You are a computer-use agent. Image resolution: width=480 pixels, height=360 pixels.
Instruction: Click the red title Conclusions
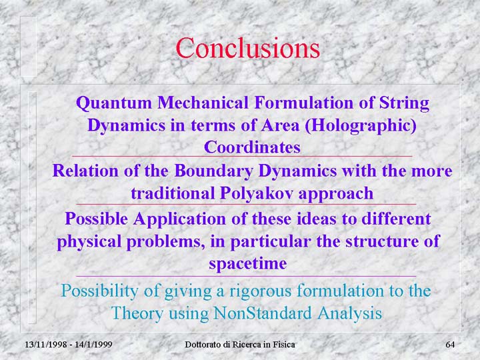pyautogui.click(x=247, y=48)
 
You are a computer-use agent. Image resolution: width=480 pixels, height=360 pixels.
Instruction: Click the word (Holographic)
pyautogui.click(x=361, y=126)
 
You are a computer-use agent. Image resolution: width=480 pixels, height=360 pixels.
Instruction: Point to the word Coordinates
pyautogui.click(x=252, y=147)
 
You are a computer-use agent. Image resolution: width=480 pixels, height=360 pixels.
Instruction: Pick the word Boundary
pyautogui.click(x=213, y=171)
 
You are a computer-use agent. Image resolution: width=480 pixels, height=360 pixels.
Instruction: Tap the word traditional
pyautogui.click(x=173, y=193)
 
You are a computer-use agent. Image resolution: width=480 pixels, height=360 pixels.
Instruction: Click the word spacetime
pyautogui.click(x=248, y=263)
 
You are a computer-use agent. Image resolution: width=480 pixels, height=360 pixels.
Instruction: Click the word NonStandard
pyautogui.click(x=263, y=313)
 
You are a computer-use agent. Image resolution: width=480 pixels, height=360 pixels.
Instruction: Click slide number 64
pyautogui.click(x=450, y=345)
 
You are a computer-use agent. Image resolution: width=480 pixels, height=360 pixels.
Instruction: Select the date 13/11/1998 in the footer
pyautogui.click(x=45, y=345)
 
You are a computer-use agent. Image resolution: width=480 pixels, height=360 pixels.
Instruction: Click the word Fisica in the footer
pyautogui.click(x=286, y=345)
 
